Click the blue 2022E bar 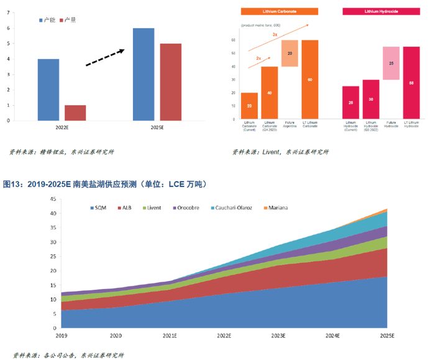click(48, 90)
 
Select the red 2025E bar click(171, 82)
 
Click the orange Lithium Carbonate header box click(280, 11)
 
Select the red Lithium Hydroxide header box click(378, 11)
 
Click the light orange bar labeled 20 click(290, 53)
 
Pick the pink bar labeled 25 click(391, 63)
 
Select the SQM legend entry click(98, 207)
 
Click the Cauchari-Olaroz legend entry click(236, 207)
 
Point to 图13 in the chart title click(12, 184)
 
